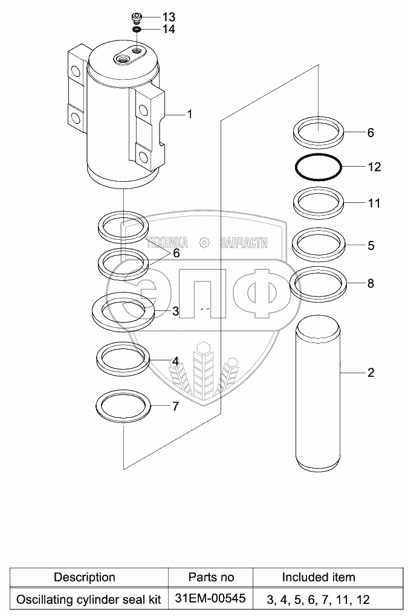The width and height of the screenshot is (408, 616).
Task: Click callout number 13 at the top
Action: coord(169,16)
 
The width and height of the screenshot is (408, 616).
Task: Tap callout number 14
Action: coord(169,28)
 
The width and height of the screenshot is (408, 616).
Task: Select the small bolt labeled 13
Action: coord(137,16)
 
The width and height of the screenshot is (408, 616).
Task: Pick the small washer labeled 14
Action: coord(137,28)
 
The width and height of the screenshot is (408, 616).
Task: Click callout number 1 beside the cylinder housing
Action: coord(189,114)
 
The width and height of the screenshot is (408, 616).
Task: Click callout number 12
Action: coord(375,167)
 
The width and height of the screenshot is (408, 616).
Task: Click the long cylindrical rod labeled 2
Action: coord(319,396)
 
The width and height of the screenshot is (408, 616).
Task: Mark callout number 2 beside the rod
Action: coord(371,373)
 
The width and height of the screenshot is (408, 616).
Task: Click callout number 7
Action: coord(175,406)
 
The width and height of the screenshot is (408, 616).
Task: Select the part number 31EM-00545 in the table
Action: coord(210,599)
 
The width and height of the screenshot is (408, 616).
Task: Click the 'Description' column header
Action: coord(85,577)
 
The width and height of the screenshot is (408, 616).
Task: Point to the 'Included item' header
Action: coord(319,577)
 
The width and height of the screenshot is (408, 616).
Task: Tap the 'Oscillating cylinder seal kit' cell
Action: coord(89,600)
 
